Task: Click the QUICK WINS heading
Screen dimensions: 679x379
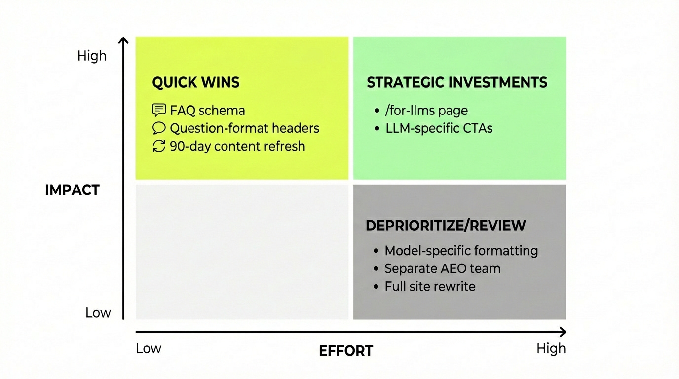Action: (x=195, y=82)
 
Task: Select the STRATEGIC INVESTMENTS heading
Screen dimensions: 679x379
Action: (x=456, y=82)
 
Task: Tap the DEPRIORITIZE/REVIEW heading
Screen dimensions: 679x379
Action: (x=446, y=226)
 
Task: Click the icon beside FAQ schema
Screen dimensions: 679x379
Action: (x=159, y=110)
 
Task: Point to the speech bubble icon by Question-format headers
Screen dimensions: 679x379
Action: (x=159, y=128)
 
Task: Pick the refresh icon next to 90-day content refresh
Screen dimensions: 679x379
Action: (x=159, y=146)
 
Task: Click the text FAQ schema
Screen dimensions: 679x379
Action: (x=207, y=110)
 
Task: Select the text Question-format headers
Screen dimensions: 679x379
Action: (x=244, y=128)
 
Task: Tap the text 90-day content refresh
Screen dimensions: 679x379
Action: (x=237, y=146)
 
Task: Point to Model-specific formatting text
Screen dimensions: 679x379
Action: (x=461, y=250)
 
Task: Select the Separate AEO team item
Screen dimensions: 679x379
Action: (x=442, y=268)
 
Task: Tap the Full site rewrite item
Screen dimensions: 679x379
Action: (x=430, y=286)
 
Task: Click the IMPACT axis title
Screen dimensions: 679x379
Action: (x=72, y=190)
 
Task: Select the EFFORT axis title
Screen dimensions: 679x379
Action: (x=346, y=351)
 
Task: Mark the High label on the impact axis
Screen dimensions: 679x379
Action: (x=92, y=56)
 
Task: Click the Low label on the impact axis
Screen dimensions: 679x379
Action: (x=98, y=312)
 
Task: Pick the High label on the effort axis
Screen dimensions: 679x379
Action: (x=551, y=348)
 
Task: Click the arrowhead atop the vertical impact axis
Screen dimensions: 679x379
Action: (x=124, y=40)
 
